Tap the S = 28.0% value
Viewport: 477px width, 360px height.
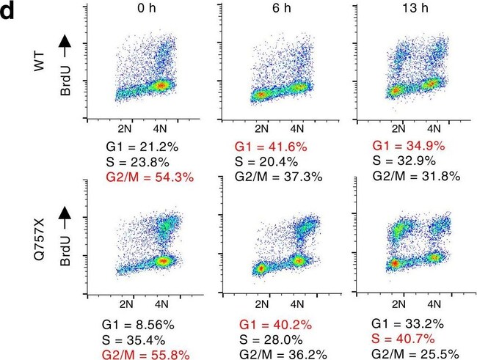273,339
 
